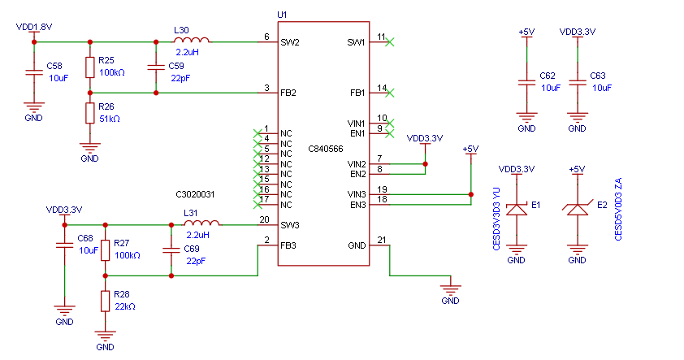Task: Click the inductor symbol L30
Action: pos(192,40)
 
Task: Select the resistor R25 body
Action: pos(90,67)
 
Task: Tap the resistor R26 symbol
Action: pos(90,113)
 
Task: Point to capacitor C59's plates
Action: pos(156,67)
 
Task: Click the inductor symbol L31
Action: pos(202,223)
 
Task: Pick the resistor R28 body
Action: pos(105,301)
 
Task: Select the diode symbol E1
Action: pos(517,210)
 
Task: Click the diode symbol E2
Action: pos(577,210)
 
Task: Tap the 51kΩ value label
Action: pos(110,119)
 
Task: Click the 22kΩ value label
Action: pos(125,306)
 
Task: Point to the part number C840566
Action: pos(326,149)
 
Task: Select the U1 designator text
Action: pos(282,15)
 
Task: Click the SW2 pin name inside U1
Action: pos(290,42)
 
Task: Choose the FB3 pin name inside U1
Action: pos(288,245)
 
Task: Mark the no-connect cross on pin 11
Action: pos(390,42)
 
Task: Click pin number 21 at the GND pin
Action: pos(382,240)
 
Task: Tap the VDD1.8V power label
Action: pos(34,27)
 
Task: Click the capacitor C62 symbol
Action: pos(527,82)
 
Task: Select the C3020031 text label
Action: pos(195,194)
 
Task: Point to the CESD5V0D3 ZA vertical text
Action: pos(618,209)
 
